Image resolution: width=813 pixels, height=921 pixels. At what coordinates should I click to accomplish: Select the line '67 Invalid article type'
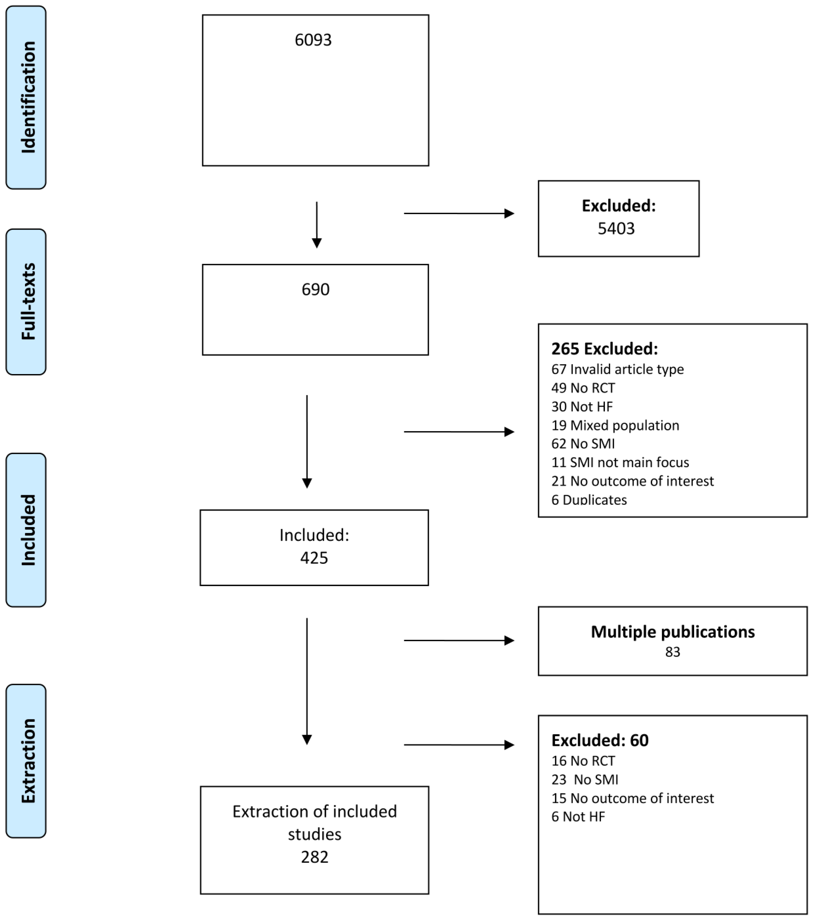click(x=617, y=369)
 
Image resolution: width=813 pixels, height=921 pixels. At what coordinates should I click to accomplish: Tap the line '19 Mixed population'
click(x=615, y=425)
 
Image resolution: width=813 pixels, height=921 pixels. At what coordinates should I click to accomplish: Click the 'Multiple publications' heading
click(x=672, y=632)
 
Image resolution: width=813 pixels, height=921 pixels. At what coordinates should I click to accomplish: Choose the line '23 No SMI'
click(x=584, y=779)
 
